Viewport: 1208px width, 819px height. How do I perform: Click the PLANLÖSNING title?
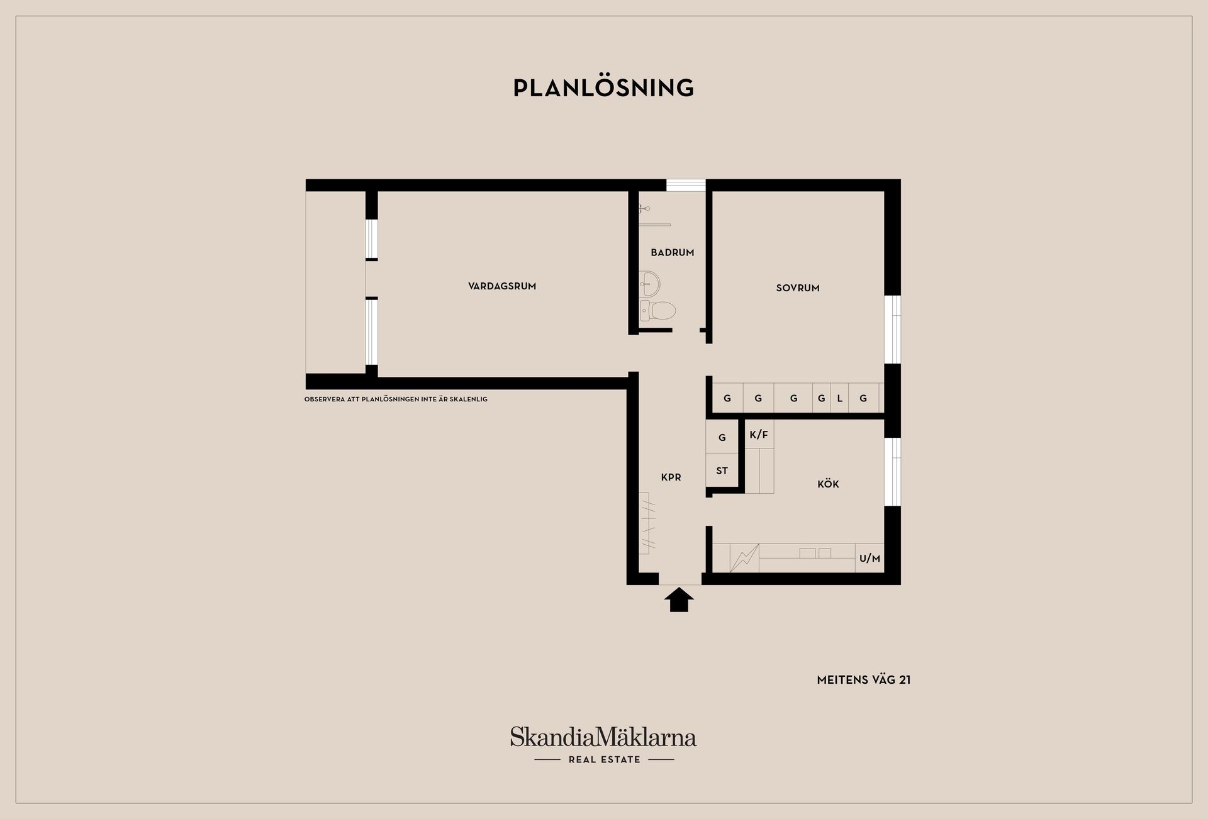tap(603, 87)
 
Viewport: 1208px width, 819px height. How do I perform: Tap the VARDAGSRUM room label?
tap(502, 286)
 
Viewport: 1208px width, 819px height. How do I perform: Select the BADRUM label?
tap(673, 252)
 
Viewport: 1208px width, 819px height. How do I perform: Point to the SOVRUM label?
tap(798, 288)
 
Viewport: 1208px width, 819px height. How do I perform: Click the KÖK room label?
tap(828, 484)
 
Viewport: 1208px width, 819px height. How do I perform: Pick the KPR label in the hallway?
tap(671, 477)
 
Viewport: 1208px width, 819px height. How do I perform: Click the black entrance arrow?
tap(679, 599)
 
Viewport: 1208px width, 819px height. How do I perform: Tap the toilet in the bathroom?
tap(657, 311)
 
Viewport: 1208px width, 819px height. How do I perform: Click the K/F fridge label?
tap(759, 435)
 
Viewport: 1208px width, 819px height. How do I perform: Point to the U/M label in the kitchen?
tap(870, 558)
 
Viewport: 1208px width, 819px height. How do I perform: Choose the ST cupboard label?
tap(722, 471)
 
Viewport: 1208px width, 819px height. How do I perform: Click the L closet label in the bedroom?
tap(839, 398)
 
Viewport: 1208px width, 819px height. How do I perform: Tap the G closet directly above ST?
tap(722, 437)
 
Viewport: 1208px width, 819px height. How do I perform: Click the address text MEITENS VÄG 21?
tap(864, 680)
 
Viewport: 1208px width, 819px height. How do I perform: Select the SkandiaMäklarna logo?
tap(603, 737)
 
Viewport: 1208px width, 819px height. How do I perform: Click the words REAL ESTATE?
tap(604, 760)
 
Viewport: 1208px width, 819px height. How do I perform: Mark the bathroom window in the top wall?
tap(686, 185)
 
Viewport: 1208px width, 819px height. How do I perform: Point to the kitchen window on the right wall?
tap(892, 472)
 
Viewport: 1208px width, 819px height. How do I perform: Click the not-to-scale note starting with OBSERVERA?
tap(396, 399)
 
